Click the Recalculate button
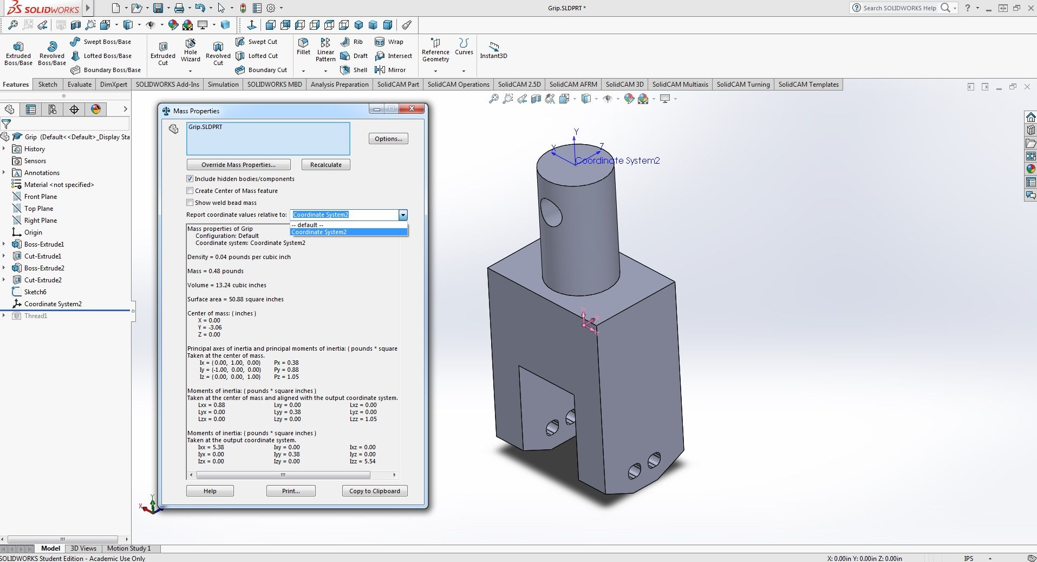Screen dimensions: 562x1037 pos(325,165)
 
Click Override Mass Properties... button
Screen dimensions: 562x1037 pos(238,165)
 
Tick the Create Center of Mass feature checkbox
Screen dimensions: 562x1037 pos(190,191)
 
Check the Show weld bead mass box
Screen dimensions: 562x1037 pos(190,203)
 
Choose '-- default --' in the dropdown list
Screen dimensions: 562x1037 pos(308,225)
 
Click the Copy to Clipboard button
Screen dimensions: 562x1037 pos(374,491)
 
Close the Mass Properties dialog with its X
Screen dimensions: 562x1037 pos(412,109)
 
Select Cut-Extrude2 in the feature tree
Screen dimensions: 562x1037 pos(43,280)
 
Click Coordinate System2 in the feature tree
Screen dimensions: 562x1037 pos(53,304)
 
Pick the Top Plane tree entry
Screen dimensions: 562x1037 pos(38,209)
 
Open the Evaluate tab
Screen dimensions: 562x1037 pos(80,85)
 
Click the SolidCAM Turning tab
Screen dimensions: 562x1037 pos(743,85)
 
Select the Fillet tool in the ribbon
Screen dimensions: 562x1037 pos(303,47)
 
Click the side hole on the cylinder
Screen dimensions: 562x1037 pos(551,212)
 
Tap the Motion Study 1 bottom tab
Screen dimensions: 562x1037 pos(129,548)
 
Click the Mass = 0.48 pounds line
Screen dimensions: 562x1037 pos(216,271)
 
